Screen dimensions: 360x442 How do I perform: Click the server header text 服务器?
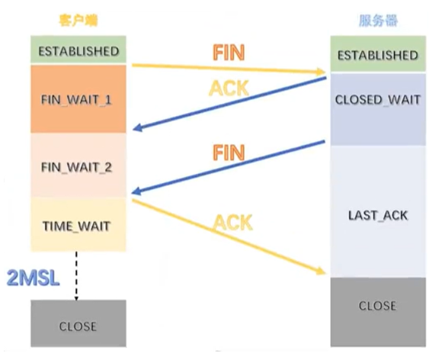[378, 21]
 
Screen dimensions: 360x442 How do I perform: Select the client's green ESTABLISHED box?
[78, 51]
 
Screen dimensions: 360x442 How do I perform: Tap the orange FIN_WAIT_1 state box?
[78, 100]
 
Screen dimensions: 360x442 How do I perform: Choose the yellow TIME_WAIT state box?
[78, 225]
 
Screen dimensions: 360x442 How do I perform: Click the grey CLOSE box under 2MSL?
[78, 326]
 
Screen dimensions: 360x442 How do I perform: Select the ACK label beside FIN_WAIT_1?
[229, 89]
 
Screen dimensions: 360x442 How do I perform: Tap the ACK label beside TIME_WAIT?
[232, 222]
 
